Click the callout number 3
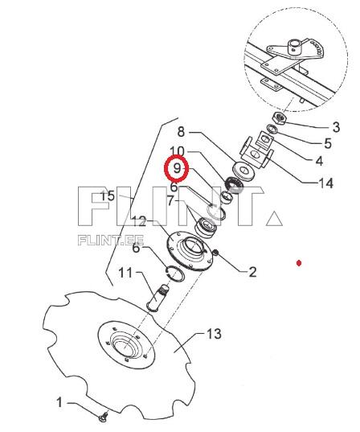(x=336, y=127)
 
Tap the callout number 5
(x=328, y=143)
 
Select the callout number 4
(x=319, y=161)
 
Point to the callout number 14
(x=325, y=183)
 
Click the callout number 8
(x=181, y=132)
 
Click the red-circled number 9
(x=177, y=168)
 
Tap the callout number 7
(x=171, y=201)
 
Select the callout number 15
(x=108, y=196)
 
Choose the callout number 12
(x=139, y=221)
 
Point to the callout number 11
(x=125, y=273)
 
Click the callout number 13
(x=214, y=334)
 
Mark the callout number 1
(x=59, y=402)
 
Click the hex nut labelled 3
(x=279, y=118)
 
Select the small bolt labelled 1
(x=103, y=418)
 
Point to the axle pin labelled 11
(x=157, y=298)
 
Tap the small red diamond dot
(x=299, y=263)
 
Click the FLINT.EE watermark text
(x=111, y=241)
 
